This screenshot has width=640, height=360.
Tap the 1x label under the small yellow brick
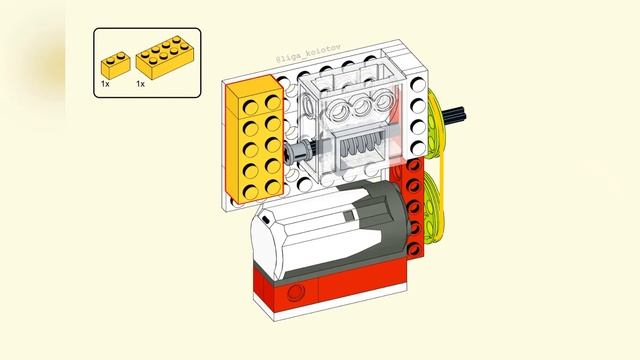point(104,85)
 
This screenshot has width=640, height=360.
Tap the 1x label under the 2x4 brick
point(141,85)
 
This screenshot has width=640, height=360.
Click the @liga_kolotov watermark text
point(309,61)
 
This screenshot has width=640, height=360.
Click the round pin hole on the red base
point(295,291)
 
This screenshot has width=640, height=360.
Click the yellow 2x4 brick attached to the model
point(256,140)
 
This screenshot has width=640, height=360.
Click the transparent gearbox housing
point(355,125)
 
